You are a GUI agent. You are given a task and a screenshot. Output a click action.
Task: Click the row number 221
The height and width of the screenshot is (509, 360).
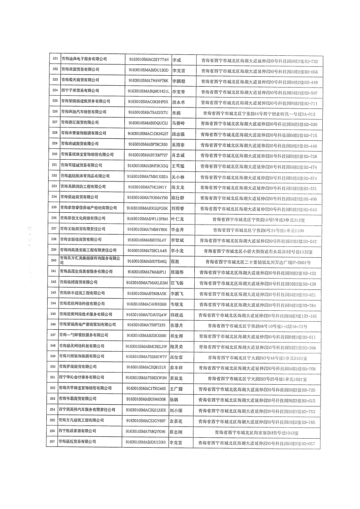tap(55, 60)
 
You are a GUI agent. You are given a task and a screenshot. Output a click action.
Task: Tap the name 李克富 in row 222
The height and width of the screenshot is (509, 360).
tap(178, 71)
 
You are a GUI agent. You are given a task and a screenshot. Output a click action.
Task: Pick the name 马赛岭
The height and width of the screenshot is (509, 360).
tap(178, 123)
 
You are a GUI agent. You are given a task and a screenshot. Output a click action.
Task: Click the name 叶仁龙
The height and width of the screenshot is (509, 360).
tap(178, 219)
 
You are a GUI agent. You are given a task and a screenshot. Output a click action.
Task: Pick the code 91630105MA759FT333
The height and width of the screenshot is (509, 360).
tap(146, 325)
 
